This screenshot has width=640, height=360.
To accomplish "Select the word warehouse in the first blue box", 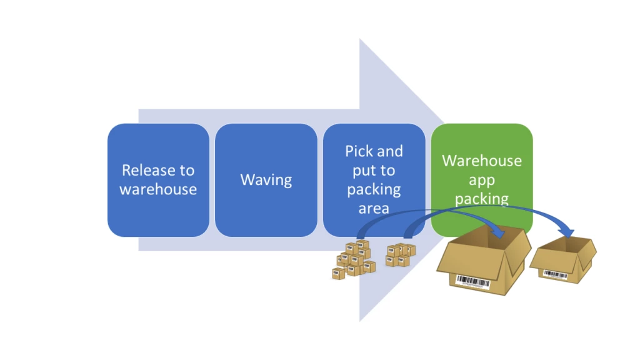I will pyautogui.click(x=158, y=189).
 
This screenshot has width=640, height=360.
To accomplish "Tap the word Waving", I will pyautogui.click(x=266, y=180).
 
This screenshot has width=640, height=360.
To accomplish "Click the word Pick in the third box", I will pyautogui.click(x=359, y=151).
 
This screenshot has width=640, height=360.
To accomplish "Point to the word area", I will pyautogui.click(x=374, y=209).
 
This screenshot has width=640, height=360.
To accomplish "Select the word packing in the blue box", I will pyautogui.click(x=374, y=189).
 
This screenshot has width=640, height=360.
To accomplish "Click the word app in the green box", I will pyautogui.click(x=481, y=180).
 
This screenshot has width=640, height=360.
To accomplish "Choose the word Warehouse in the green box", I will pyautogui.click(x=481, y=161).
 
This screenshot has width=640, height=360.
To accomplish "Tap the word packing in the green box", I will pyautogui.click(x=481, y=199).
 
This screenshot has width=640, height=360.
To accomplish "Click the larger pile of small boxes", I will pyautogui.click(x=354, y=260).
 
